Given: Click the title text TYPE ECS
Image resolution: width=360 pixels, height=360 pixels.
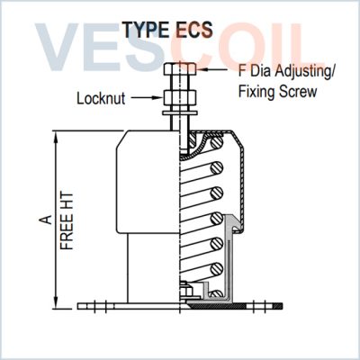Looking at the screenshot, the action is point(168,30).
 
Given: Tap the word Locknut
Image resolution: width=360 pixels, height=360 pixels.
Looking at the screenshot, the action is point(101,98).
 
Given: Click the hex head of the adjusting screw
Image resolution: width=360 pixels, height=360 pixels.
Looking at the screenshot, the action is point(180,69).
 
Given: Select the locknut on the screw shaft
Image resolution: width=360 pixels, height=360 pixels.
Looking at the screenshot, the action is point(180,97).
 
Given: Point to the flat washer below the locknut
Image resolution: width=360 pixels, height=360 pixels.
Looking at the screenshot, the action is point(180,112).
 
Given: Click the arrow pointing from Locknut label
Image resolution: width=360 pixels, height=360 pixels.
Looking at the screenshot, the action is point(146,97).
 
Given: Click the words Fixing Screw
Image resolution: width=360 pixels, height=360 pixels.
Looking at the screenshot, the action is point(277,92).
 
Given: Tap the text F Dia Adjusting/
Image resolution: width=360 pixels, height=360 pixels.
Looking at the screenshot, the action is point(286,71).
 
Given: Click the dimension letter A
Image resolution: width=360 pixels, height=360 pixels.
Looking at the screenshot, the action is point(46,220).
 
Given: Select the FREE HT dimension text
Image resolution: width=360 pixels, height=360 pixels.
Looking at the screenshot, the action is point(67,221).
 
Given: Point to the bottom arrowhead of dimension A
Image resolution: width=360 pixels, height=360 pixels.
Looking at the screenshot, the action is point(56,303).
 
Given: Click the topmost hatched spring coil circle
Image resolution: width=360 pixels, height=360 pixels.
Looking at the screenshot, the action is point(217,142).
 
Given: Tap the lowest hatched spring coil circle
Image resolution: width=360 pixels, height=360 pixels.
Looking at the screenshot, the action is point(217,294).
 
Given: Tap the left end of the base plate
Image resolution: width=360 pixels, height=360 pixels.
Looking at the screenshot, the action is point(78,306).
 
